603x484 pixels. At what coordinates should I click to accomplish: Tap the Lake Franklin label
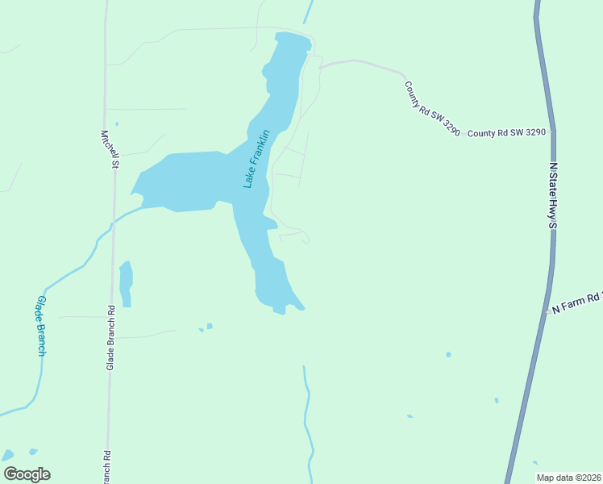tap(256, 159)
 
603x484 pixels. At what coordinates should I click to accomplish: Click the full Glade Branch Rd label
tap(111, 337)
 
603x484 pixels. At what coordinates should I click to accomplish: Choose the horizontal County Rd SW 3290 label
tap(507, 132)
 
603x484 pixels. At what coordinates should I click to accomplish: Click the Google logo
tap(27, 474)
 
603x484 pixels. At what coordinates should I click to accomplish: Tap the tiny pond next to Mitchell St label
tap(117, 124)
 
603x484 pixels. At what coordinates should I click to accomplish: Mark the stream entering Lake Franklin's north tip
tap(307, 12)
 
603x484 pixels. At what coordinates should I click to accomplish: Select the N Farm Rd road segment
tap(548, 311)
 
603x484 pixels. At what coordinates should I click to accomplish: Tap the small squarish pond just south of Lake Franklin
tap(210, 326)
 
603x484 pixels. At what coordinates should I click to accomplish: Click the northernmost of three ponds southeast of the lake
tap(448, 354)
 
